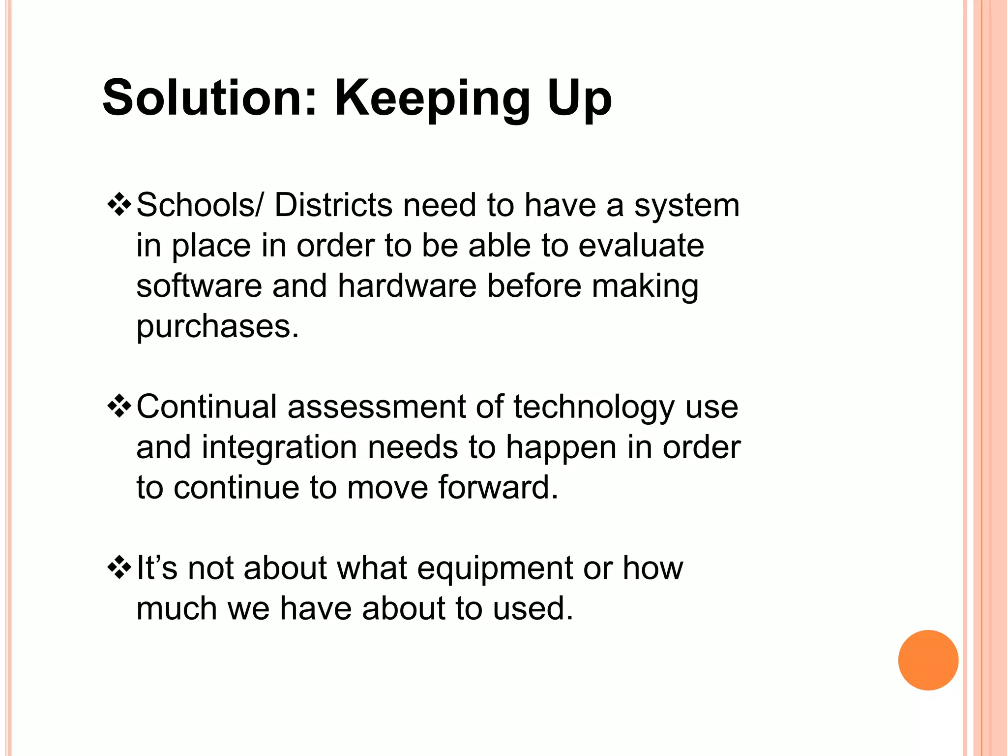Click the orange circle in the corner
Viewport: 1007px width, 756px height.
point(928,660)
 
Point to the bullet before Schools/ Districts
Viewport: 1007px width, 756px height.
point(119,205)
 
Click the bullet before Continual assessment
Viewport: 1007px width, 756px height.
point(119,407)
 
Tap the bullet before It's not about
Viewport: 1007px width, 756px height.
point(119,568)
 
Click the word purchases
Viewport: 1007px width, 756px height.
point(217,327)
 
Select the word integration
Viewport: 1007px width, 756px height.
point(279,448)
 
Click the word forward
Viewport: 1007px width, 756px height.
point(498,487)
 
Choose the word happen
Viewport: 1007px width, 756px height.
point(561,448)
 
